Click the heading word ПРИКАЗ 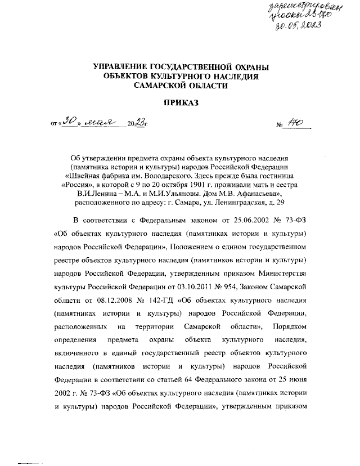click(181, 104)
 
